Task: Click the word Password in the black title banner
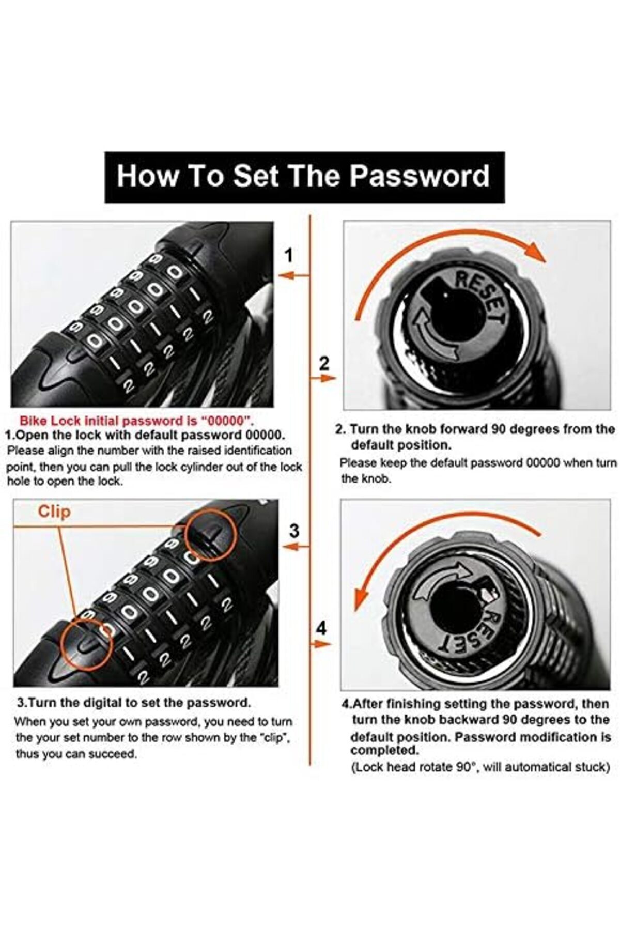419,176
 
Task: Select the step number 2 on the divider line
324,363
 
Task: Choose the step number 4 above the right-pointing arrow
321,629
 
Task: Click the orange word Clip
54,512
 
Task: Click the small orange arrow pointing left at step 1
293,276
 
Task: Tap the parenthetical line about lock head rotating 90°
481,767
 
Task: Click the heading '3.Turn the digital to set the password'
134,703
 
